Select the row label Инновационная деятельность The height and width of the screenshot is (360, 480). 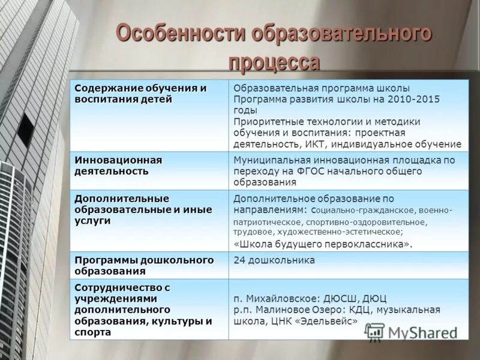click(119, 166)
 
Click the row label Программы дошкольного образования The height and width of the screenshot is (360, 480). click(144, 265)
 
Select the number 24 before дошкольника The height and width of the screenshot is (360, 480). click(239, 260)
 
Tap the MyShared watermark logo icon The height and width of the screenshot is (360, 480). click(374, 331)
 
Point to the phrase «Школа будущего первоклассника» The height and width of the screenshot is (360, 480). click(323, 244)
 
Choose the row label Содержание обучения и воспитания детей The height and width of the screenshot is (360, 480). click(140, 94)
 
